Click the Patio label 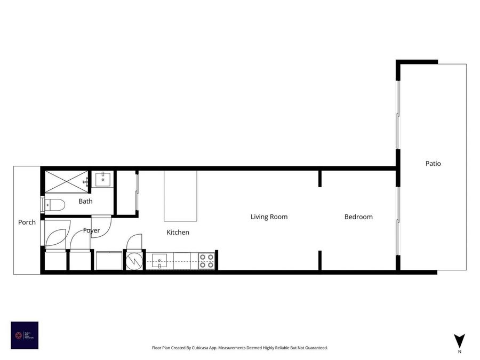pos(433,164)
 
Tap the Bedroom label pos(358,217)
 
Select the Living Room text pos(269,217)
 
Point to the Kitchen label pos(178,233)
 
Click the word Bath pos(85,202)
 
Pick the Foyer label pos(91,231)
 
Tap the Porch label pos(27,222)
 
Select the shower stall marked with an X pos(66,181)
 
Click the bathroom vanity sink pos(102,179)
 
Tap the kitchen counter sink pos(159,261)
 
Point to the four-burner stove pos(207,261)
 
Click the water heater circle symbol pos(134,261)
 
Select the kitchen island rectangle pos(180,196)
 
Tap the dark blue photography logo pos(25,335)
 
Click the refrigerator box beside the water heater pos(109,261)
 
